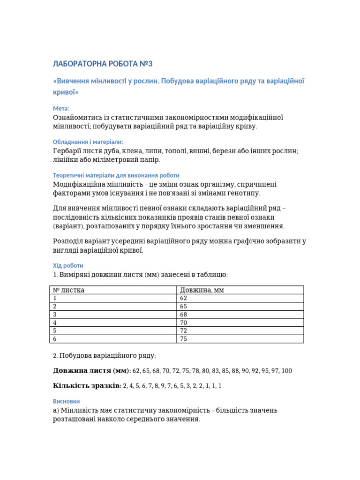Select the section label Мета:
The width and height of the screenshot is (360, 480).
pos(61,108)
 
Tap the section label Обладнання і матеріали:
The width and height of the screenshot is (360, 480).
pos(88,142)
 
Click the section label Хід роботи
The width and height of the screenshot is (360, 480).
pos(68,265)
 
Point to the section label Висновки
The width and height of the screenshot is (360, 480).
pos(66,401)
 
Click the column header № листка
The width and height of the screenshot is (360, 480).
pos(69,290)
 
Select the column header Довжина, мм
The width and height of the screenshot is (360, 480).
pos(202,290)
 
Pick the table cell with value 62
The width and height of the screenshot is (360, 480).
pos(183,298)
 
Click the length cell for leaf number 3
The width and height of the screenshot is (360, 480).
pos(183,315)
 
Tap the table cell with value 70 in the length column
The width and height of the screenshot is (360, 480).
pos(183,322)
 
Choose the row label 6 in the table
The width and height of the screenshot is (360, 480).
pos(55,339)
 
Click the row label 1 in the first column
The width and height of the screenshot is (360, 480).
pos(55,298)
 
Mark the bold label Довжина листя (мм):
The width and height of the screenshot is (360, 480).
pos(92,371)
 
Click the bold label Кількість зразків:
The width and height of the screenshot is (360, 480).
pos(87,386)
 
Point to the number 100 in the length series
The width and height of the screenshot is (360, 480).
pos(286,371)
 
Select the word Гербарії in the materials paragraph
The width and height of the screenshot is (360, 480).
pos(67,151)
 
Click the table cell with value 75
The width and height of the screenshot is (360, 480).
pos(183,339)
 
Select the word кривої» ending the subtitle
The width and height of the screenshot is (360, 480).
pos(66,92)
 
